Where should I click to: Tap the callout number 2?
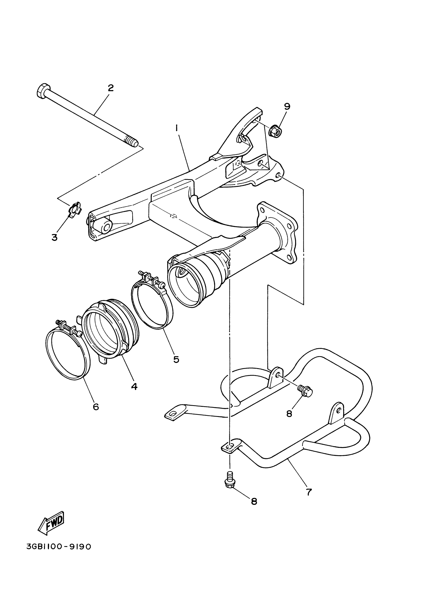pyautogui.click(x=111, y=88)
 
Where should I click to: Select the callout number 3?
pyautogui.click(x=55, y=237)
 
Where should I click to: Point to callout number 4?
pyautogui.click(x=134, y=386)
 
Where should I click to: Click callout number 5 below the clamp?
pyautogui.click(x=176, y=359)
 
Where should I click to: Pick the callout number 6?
pyautogui.click(x=96, y=407)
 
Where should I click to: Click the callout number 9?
pyautogui.click(x=287, y=106)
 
